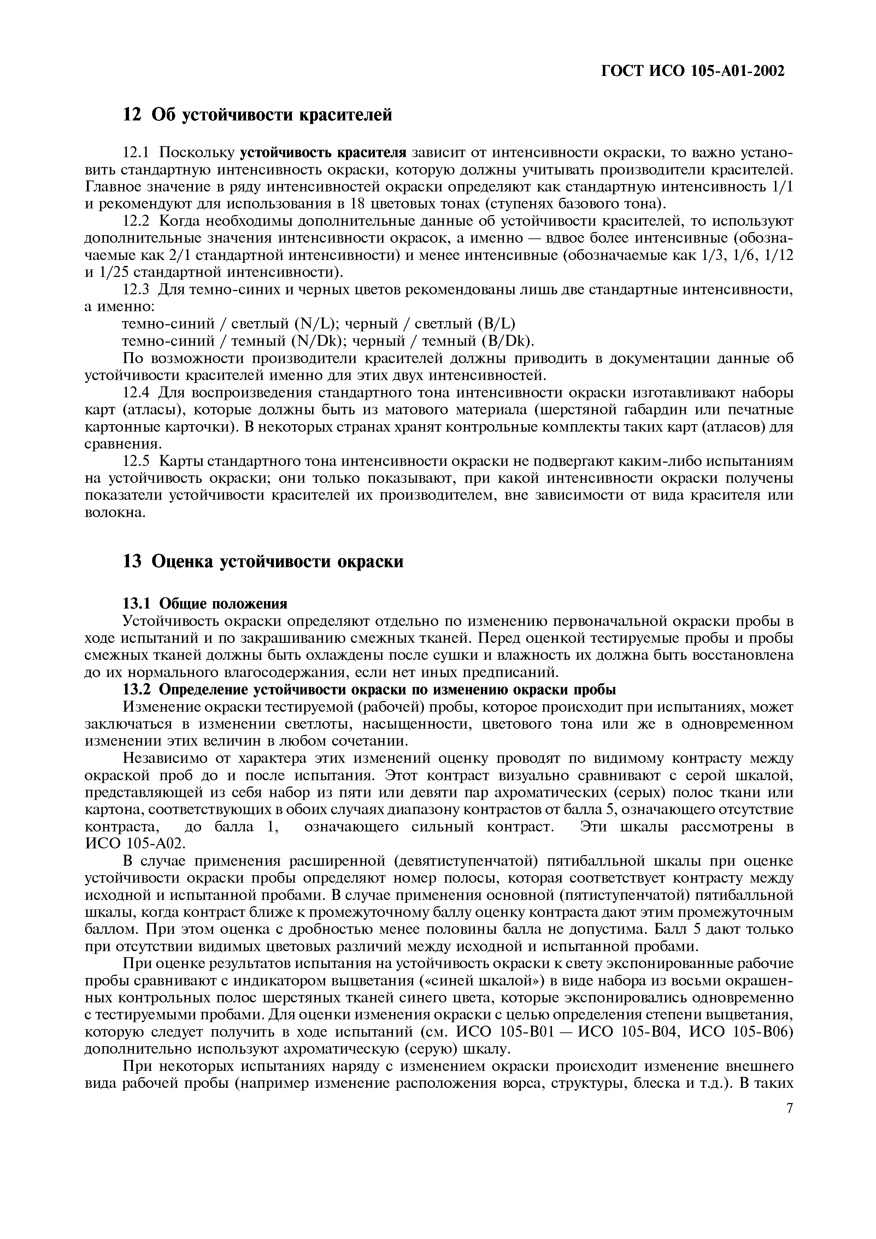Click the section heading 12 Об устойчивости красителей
258,114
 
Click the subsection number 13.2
138,690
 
